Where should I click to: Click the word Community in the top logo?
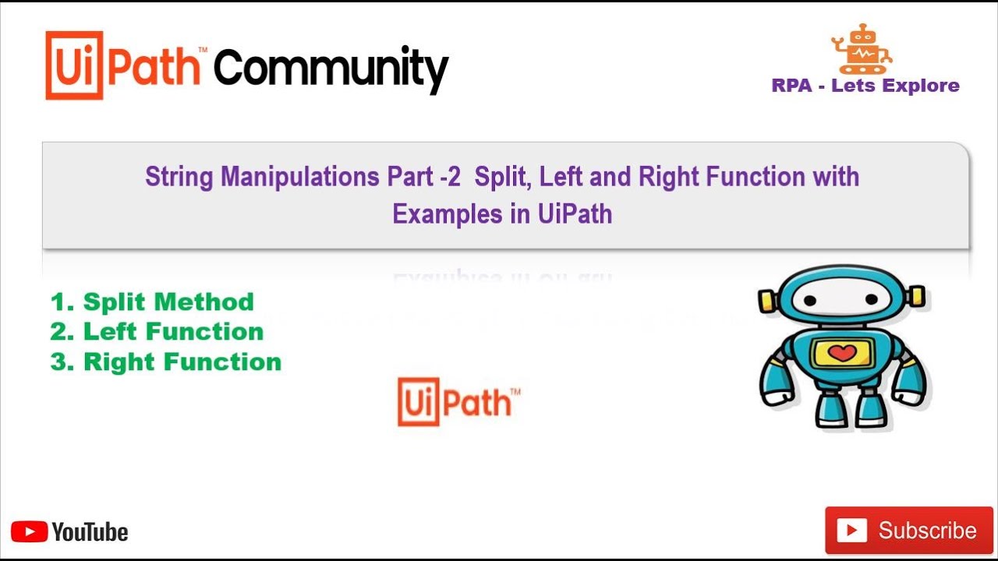tap(331, 69)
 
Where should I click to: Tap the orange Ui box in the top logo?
tap(74, 66)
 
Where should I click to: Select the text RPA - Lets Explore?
tap(865, 86)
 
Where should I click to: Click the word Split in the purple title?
tap(500, 178)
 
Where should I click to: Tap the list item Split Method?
tap(152, 302)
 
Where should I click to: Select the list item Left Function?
tap(157, 332)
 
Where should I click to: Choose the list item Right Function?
tap(166, 362)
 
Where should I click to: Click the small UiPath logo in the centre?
tap(458, 401)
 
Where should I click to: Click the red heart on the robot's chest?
tap(842, 353)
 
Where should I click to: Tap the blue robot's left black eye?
tap(810, 301)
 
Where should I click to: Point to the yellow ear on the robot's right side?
tap(917, 295)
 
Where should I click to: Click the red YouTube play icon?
tap(29, 532)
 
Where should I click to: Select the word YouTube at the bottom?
tap(90, 532)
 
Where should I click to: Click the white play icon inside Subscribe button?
tap(851, 531)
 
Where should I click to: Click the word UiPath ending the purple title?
tap(575, 213)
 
